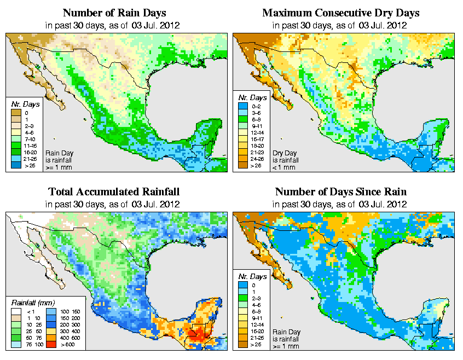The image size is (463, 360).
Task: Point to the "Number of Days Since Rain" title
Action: (340, 192)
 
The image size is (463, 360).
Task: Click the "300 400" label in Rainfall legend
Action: (71, 332)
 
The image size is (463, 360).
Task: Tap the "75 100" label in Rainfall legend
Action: (34, 346)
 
